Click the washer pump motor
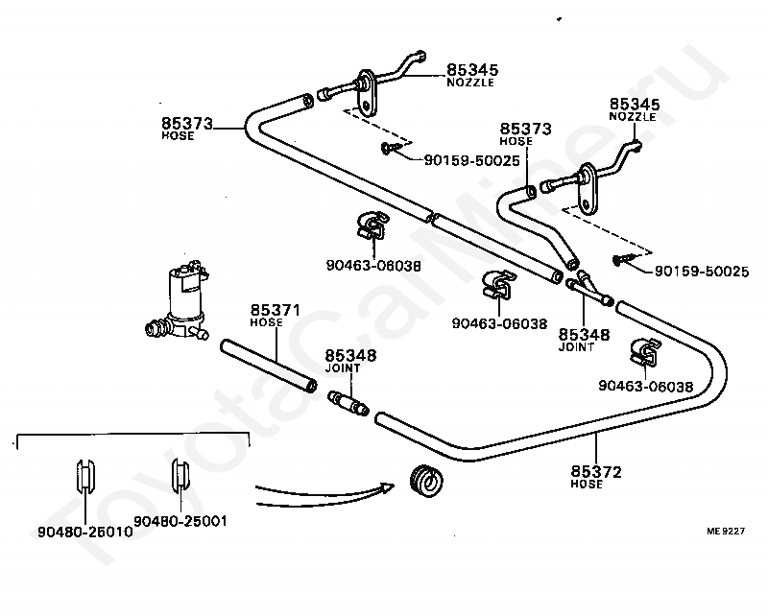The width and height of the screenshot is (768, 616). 179,300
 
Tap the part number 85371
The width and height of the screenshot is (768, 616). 275,310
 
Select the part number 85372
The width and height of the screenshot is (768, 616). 595,471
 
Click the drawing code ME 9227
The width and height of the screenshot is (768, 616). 726,531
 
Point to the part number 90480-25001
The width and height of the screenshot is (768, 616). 180,521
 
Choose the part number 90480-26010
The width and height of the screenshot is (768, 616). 85,532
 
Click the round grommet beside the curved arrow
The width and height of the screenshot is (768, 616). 426,480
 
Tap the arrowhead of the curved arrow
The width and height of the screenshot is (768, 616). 388,487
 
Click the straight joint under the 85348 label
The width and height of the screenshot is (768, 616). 348,402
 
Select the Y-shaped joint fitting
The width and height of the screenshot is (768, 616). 588,289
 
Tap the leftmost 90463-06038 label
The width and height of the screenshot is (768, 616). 373,266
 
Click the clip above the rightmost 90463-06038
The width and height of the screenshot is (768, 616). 645,353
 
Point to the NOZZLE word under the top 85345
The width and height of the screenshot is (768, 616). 470,83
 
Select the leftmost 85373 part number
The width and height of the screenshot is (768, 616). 187,123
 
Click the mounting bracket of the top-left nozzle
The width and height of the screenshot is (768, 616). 366,93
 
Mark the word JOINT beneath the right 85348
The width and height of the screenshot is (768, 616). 576,346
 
